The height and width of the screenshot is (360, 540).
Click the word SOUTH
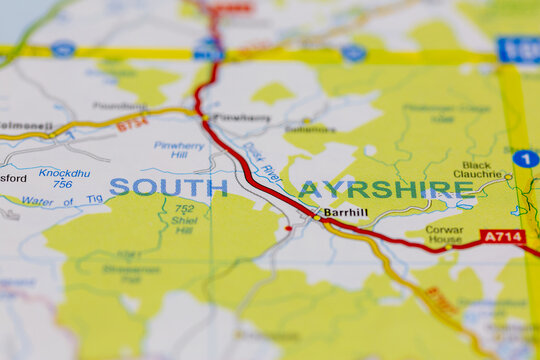[x=168, y=187]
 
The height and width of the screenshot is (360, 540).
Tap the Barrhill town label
[x=346, y=213]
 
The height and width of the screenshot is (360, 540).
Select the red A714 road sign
[x=502, y=237]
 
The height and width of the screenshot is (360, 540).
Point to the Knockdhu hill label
[x=64, y=173]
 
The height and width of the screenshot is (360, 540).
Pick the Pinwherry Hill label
[x=178, y=150]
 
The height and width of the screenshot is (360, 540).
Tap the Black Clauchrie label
[x=476, y=169]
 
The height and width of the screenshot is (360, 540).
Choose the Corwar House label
[x=444, y=235]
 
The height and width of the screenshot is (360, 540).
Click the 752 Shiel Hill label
[x=182, y=219]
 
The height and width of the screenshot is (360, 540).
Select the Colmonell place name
[x=25, y=126]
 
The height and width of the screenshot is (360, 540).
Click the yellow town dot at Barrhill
[x=317, y=213]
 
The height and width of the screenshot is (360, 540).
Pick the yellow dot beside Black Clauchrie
[x=507, y=177]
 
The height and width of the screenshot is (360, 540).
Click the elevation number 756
[x=62, y=184]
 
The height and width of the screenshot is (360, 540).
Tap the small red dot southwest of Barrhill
[x=288, y=229]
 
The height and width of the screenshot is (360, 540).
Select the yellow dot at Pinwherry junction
[x=205, y=118]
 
